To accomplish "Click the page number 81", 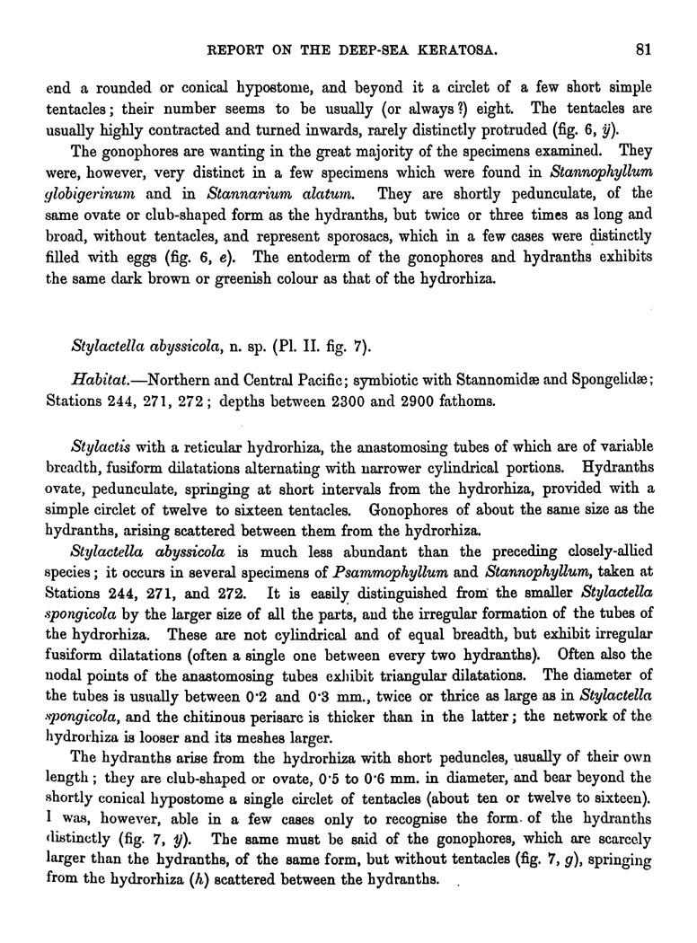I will pos(640,50).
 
